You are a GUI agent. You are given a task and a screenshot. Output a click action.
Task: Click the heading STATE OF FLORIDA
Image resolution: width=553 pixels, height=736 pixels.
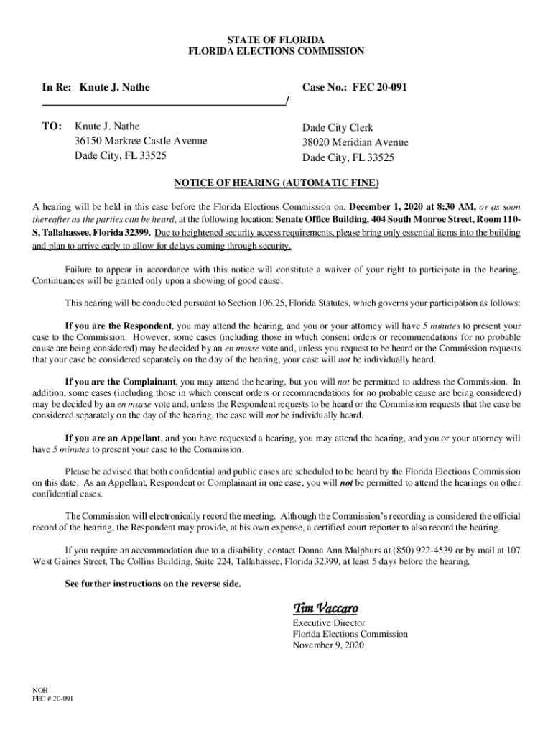pos(276,38)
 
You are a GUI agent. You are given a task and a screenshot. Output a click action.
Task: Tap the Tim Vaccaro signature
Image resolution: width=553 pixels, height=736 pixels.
pos(325,608)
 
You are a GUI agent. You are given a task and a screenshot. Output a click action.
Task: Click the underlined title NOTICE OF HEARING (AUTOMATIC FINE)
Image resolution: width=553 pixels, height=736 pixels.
pos(276,182)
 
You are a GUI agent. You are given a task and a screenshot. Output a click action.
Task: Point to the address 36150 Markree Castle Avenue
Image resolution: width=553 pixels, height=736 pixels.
pos(141,141)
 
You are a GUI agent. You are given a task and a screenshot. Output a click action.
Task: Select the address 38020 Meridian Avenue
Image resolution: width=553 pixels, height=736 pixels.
pos(355,142)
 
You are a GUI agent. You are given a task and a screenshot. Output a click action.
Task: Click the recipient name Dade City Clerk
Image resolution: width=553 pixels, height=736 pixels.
pos(338,127)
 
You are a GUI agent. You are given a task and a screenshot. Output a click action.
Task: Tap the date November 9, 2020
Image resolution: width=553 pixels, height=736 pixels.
pos(328,645)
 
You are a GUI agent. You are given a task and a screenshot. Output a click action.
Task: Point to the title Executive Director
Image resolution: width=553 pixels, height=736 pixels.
pos(328,622)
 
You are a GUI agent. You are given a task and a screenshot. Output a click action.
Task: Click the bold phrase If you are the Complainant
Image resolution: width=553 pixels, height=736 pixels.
pos(121,382)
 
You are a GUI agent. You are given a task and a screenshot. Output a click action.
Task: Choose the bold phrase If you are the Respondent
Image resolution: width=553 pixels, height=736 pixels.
pos(118,326)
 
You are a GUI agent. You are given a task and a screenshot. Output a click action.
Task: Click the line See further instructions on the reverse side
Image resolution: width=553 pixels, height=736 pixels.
pos(153,584)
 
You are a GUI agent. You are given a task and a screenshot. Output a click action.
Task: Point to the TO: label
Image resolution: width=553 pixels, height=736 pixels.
pos(52,126)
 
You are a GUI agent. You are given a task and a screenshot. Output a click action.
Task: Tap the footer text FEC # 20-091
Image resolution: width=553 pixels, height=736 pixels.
pos(52,698)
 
